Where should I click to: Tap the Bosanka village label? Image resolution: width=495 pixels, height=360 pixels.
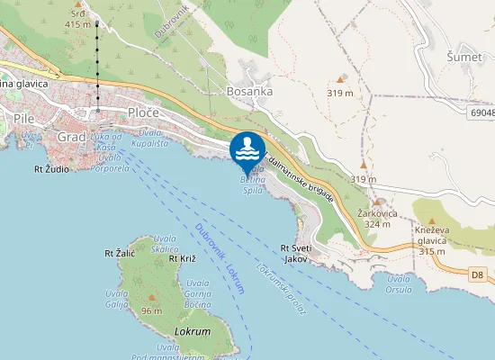250,91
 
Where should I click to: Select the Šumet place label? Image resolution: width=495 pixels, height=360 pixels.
464,57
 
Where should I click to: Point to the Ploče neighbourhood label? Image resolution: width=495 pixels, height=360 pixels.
143,112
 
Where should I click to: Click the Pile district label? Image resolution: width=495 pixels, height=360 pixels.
23,118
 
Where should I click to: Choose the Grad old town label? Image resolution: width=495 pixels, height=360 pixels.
71,137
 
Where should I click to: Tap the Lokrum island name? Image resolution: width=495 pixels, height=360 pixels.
192,331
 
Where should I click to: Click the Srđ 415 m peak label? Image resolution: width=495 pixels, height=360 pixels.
78,20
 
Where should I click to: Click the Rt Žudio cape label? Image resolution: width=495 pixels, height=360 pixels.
51,167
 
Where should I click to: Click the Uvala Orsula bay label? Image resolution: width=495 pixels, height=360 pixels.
397,283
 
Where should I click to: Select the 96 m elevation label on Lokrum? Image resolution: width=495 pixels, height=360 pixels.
151,310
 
